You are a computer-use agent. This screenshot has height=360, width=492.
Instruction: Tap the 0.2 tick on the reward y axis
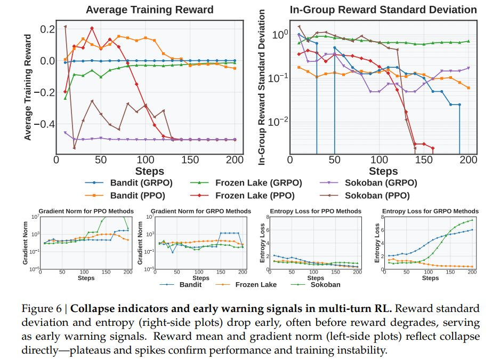(47, 29)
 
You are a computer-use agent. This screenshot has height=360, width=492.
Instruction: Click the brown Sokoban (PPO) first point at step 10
(65, 26)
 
